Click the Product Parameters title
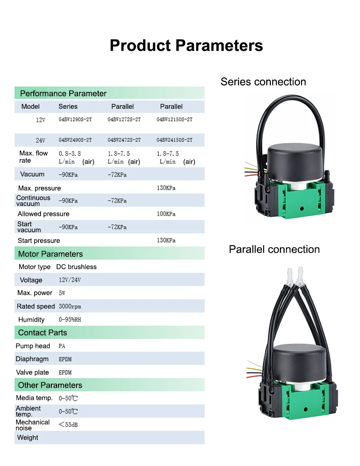click(x=186, y=45)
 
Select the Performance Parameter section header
click(x=63, y=94)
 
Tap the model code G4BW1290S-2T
click(x=75, y=120)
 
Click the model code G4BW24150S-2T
click(x=174, y=140)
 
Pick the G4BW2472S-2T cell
click(x=124, y=140)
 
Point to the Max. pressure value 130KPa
click(x=166, y=188)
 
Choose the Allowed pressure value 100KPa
click(x=166, y=214)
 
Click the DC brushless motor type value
click(x=76, y=267)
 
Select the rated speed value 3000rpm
click(x=70, y=306)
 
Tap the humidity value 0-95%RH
click(x=70, y=319)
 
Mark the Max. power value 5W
click(x=62, y=293)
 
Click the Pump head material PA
click(x=62, y=346)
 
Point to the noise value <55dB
click(x=68, y=424)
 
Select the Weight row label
click(x=27, y=438)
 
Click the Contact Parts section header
click(x=42, y=333)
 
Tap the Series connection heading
click(x=263, y=82)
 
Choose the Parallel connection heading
click(x=274, y=250)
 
